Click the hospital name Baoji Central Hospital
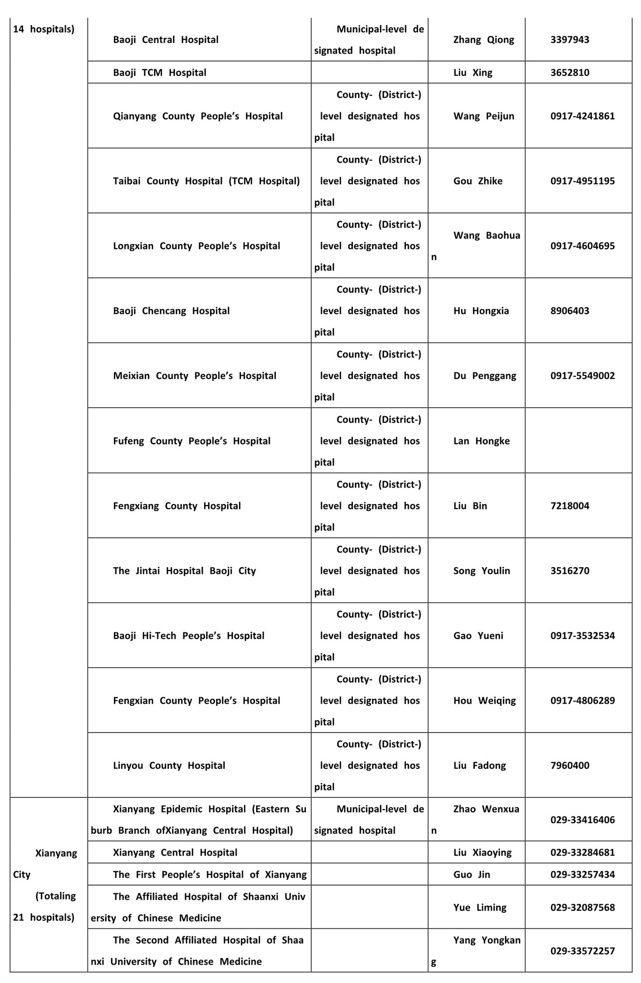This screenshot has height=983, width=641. pyautogui.click(x=166, y=40)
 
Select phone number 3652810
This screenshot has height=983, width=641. pyautogui.click(x=570, y=73)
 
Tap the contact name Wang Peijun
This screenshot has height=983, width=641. pyautogui.click(x=483, y=116)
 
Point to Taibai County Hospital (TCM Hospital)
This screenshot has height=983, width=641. pyautogui.click(x=206, y=181)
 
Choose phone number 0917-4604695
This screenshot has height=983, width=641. pyautogui.click(x=582, y=246)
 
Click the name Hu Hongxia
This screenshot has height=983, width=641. pyautogui.click(x=481, y=311)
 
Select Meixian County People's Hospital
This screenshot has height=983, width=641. pyautogui.click(x=195, y=376)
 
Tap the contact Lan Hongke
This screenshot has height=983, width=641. pyautogui.click(x=481, y=441)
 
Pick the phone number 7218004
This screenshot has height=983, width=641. pyautogui.click(x=570, y=506)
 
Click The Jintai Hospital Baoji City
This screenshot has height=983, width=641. pyautogui.click(x=184, y=570)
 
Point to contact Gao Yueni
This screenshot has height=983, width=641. pyautogui.click(x=478, y=636)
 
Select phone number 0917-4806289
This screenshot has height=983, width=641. pyautogui.click(x=582, y=700)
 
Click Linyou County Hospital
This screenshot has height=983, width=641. pyautogui.click(x=169, y=765)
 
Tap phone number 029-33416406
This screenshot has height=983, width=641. pyautogui.click(x=582, y=820)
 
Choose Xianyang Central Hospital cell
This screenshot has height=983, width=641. pyautogui.click(x=175, y=852)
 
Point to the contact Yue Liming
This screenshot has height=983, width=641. pyautogui.click(x=480, y=908)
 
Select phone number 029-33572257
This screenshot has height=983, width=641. pyautogui.click(x=582, y=951)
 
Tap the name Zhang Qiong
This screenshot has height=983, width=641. pyautogui.click(x=483, y=40)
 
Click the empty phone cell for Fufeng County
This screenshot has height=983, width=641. pyautogui.click(x=578, y=441)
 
